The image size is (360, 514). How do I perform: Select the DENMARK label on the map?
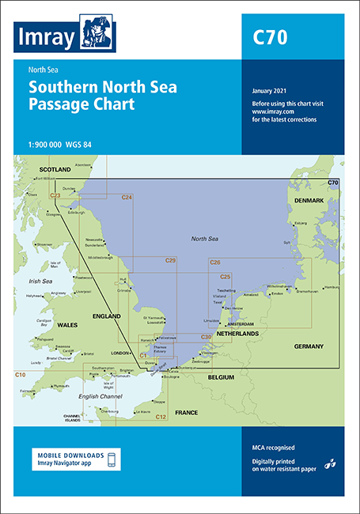pyautogui.click(x=309, y=201)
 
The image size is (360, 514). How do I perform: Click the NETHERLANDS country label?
pyautogui.click(x=237, y=334)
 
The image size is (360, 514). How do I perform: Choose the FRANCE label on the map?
pyautogui.click(x=186, y=413)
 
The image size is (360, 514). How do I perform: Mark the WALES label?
pyautogui.click(x=65, y=324)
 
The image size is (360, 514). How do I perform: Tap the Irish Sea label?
pyautogui.click(x=40, y=279)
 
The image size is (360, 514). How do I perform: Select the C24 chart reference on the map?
pyautogui.click(x=127, y=197)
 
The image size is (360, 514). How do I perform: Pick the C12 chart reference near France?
pyautogui.click(x=160, y=416)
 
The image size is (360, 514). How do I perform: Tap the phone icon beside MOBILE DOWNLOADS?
pyautogui.click(x=112, y=459)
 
